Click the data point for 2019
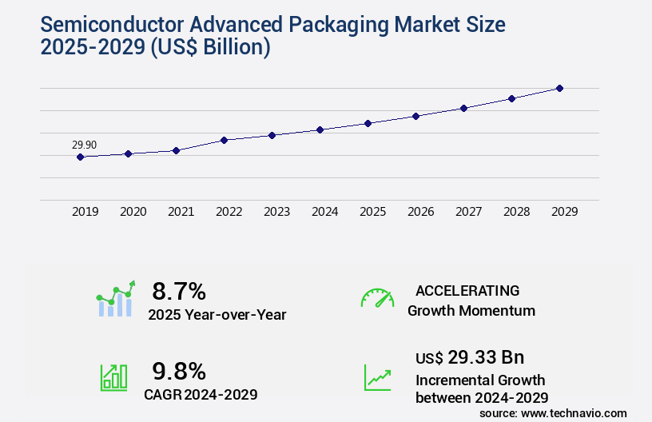pyautogui.click(x=80, y=157)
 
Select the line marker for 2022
pyautogui.click(x=224, y=140)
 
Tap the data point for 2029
pyautogui.click(x=559, y=88)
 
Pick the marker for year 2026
pyautogui.click(x=415, y=116)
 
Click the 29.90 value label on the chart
pyautogui.click(x=84, y=145)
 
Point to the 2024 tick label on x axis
pyautogui.click(x=325, y=212)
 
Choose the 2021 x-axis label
pyautogui.click(x=181, y=212)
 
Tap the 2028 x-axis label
pyautogui.click(x=517, y=212)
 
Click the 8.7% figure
pyautogui.click(x=179, y=291)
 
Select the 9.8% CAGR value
pyautogui.click(x=179, y=371)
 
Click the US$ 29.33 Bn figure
pyautogui.click(x=470, y=357)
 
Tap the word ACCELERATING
pyautogui.click(x=467, y=290)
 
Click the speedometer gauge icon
pyautogui.click(x=377, y=297)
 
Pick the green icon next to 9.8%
pyautogui.click(x=113, y=377)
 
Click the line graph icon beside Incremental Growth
pyautogui.click(x=377, y=377)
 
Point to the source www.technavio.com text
pyautogui.click(x=553, y=413)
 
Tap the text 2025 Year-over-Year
pyautogui.click(x=217, y=314)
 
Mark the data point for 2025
pyautogui.click(x=368, y=123)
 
